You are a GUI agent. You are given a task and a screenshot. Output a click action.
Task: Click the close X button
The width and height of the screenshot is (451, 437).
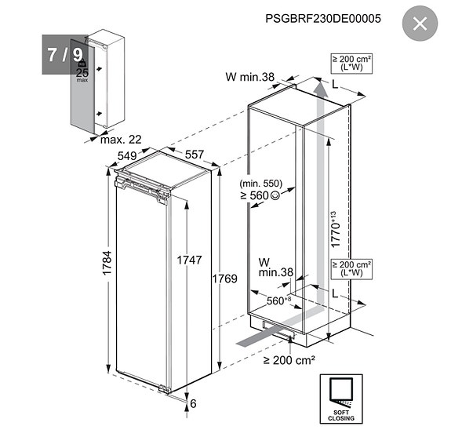click(420, 24)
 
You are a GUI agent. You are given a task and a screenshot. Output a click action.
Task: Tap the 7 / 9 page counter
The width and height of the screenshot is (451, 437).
click(65, 54)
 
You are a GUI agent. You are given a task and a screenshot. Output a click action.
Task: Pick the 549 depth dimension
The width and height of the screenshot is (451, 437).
click(127, 155)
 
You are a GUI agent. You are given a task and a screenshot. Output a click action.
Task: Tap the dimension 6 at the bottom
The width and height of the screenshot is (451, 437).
click(193, 403)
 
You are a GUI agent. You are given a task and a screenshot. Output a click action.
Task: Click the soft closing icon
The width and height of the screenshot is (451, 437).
click(341, 398)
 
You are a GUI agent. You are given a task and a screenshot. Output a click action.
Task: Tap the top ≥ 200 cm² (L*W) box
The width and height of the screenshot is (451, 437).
click(351, 64)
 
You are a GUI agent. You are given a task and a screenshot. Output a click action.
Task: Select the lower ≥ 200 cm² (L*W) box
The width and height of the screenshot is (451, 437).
click(351, 270)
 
